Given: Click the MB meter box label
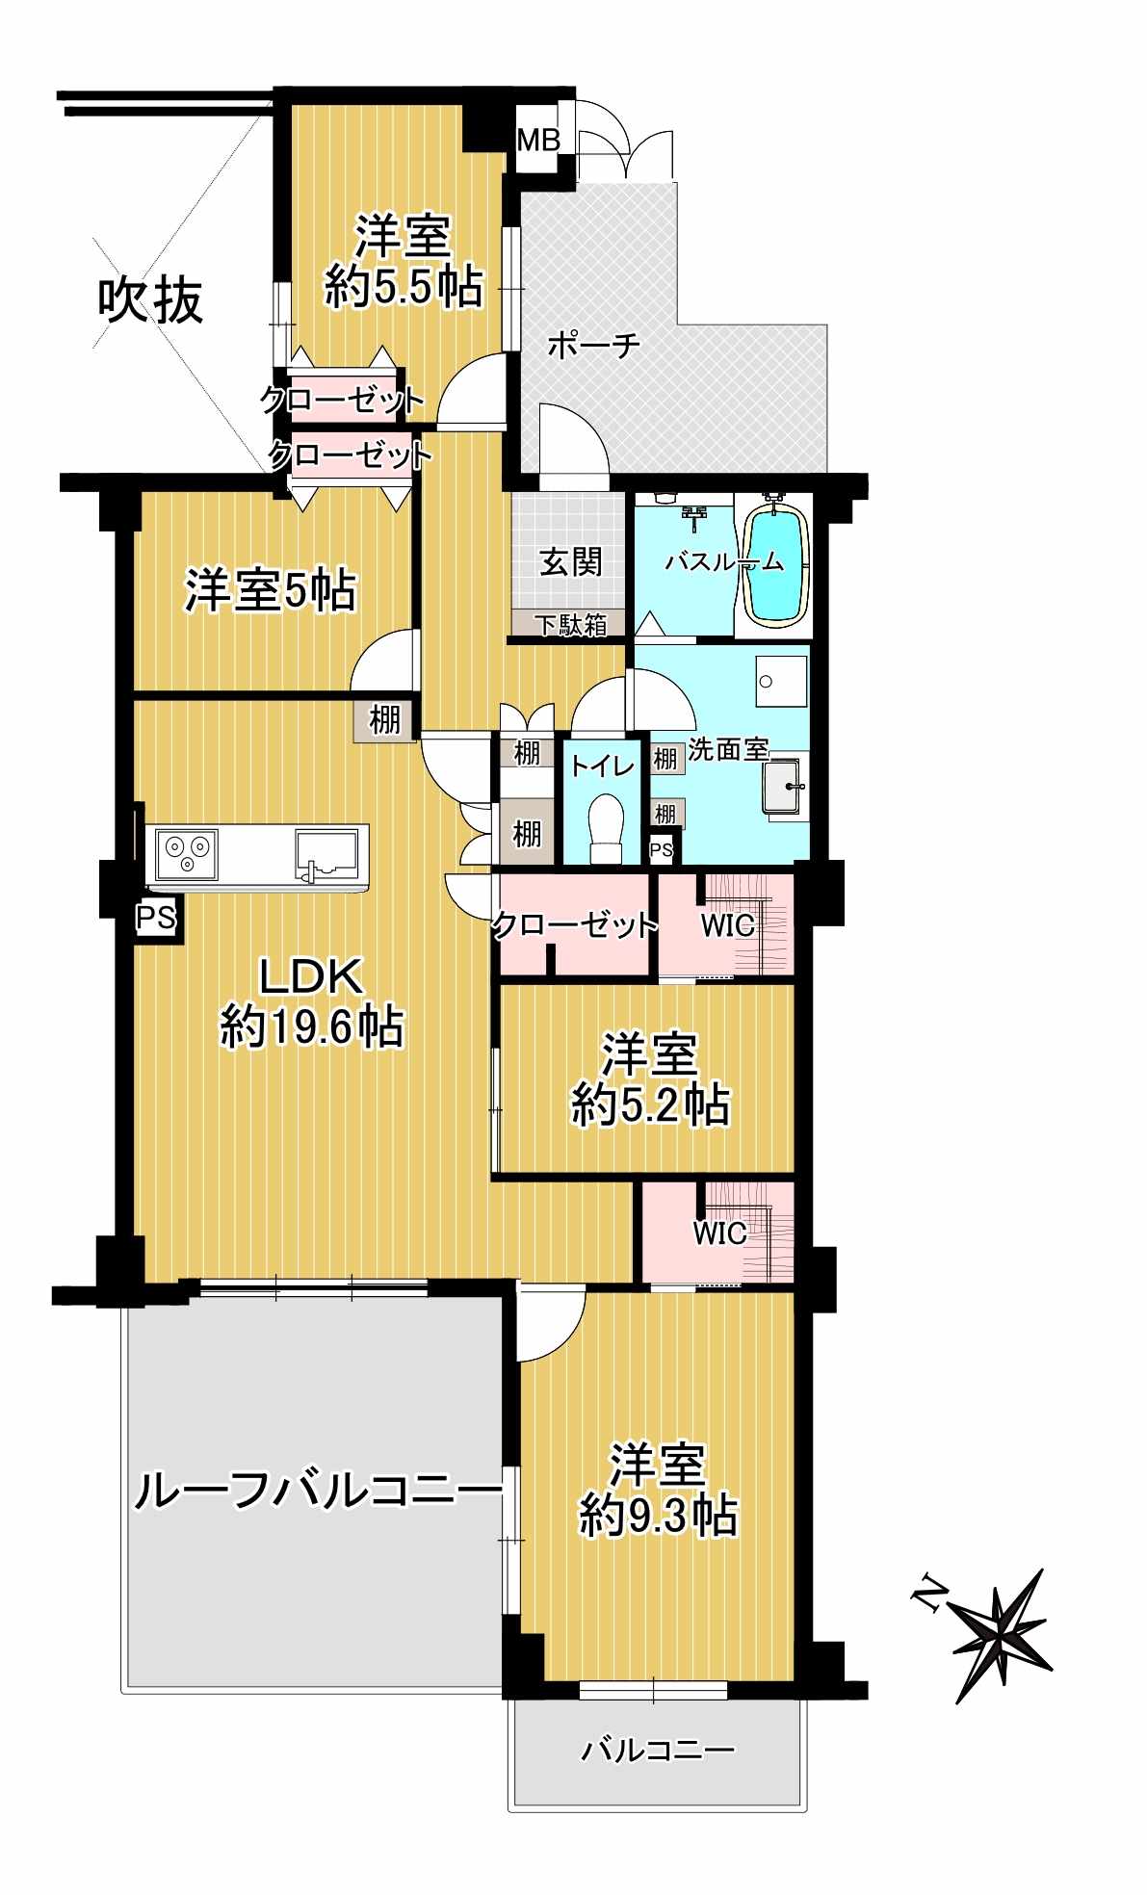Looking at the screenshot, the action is coord(538,141).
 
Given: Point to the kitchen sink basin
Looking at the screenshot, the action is coord(326,851).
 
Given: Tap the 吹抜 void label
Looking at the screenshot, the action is coord(151,301).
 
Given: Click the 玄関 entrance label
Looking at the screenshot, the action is coord(571,561).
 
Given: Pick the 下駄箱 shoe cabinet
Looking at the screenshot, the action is coord(569,624).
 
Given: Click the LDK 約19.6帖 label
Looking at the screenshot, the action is coord(312,1001).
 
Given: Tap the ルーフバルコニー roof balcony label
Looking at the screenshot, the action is coord(318,1492).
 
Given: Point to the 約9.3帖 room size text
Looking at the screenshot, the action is coord(659,1516).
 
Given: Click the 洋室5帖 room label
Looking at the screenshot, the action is coord(271,590).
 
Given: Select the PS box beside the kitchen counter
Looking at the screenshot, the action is coord(155,918).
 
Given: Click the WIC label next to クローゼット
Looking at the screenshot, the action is coord(727,926).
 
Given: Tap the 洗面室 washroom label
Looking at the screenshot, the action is coord(728,748).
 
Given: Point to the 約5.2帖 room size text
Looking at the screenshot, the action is coord(651,1104).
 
